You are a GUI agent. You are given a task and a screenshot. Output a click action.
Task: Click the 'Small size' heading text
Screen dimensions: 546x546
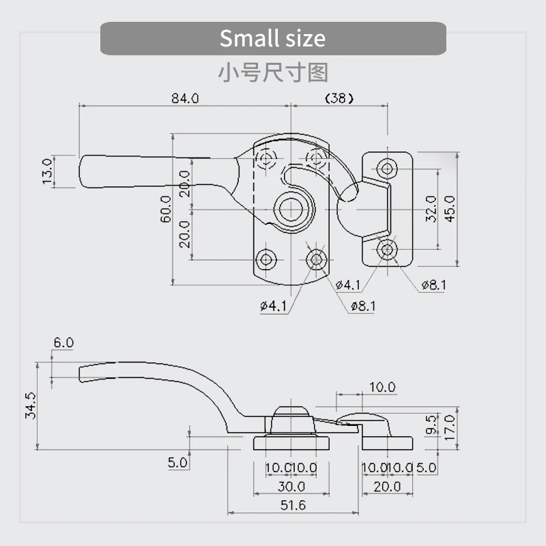pos(272,38)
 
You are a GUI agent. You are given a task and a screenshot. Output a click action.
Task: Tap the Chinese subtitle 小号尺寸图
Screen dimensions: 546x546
pos(273,73)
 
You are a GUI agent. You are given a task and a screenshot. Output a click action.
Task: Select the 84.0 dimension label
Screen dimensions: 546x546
pos(185,98)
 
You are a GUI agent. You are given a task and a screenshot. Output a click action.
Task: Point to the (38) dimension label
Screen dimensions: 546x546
pos(339,98)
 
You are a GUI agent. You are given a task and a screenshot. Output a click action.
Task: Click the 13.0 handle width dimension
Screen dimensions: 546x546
pos(47,171)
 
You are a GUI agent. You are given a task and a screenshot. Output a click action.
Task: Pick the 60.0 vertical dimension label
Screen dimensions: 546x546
pos(166,209)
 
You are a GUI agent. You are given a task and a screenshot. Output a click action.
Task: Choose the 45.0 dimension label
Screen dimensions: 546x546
pos(450,209)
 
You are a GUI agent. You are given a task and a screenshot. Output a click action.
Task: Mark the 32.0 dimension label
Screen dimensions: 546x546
pos(431,209)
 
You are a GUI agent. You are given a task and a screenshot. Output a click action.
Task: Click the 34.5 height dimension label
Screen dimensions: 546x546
pos(30,405)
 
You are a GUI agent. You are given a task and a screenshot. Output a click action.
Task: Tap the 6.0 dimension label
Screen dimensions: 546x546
pos(63,343)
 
